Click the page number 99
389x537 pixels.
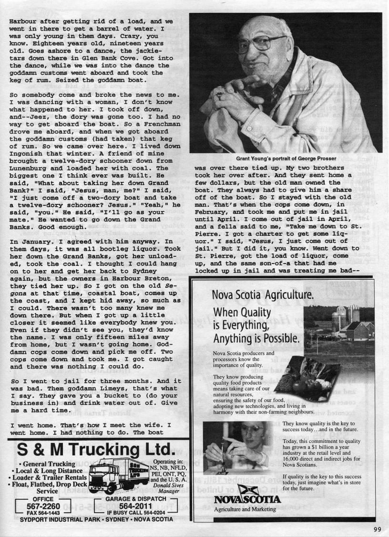[378, 528]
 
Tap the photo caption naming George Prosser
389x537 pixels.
[285, 158]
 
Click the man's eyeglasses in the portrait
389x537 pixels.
[260, 42]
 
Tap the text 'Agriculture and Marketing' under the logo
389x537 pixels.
[245, 510]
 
